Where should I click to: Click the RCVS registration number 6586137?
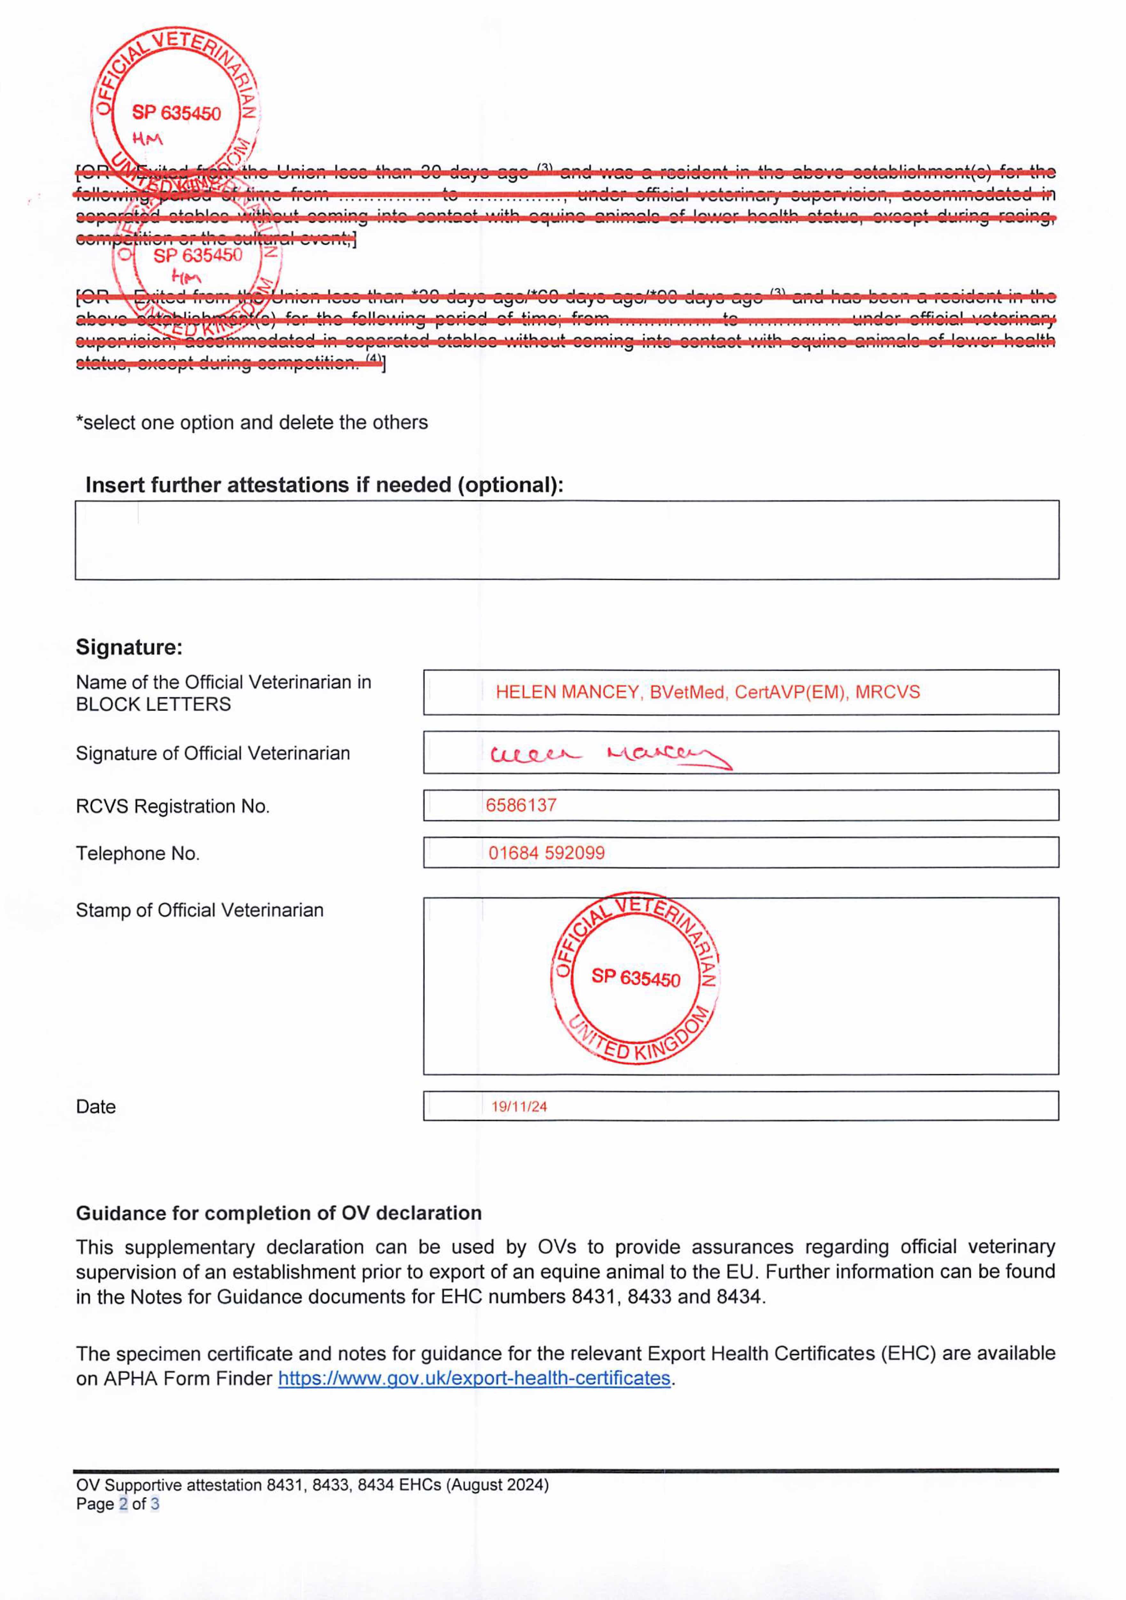coord(521,805)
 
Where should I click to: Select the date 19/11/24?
coord(519,1107)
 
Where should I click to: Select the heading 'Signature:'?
coord(129,647)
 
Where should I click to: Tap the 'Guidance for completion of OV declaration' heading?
coord(279,1213)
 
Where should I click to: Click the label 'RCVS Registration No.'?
coord(172,806)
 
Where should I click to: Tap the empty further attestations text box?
coord(567,540)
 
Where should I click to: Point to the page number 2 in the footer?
coord(123,1504)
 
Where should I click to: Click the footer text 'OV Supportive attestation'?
coord(170,1485)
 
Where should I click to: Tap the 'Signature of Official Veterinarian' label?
coord(212,753)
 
